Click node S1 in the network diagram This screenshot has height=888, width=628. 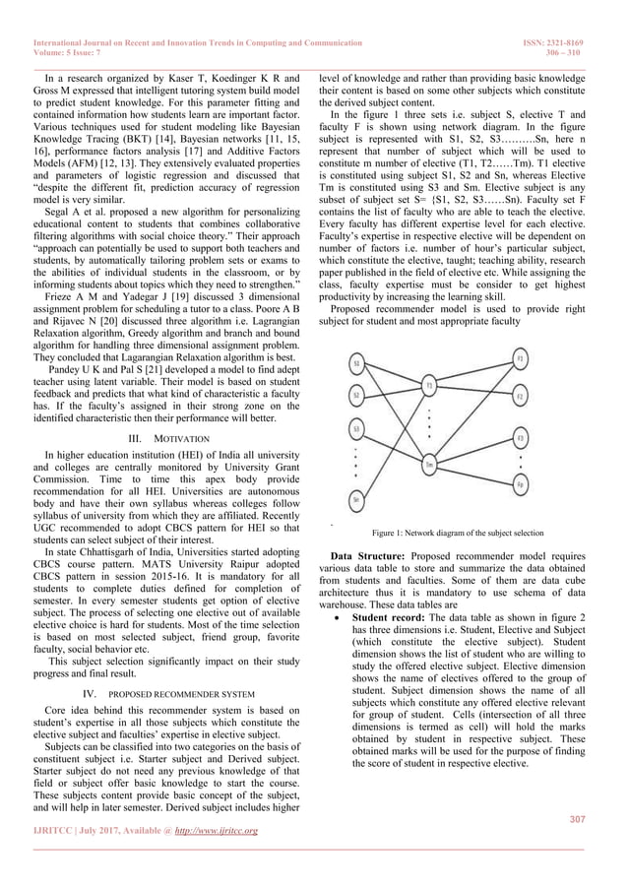pyautogui.click(x=356, y=363)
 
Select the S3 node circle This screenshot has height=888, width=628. pyautogui.click(x=355, y=429)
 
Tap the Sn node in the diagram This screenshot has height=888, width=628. pyautogui.click(x=356, y=499)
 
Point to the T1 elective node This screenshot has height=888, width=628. pyautogui.click(x=429, y=386)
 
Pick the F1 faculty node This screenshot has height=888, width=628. pyautogui.click(x=520, y=360)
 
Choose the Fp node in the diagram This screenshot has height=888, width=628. pyautogui.click(x=520, y=483)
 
